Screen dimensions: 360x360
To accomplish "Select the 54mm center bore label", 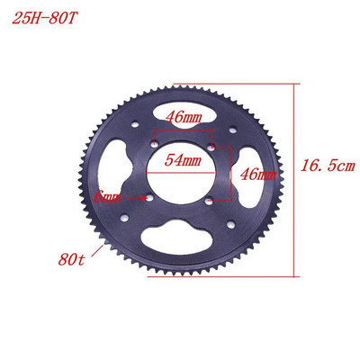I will [184, 159].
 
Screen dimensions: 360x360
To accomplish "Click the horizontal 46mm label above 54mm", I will [184, 116].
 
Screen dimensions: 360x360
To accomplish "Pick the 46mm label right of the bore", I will [256, 173].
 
